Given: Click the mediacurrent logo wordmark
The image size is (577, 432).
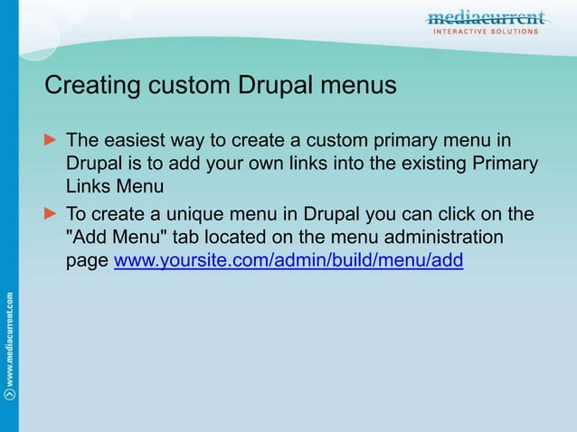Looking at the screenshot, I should pos(486,17).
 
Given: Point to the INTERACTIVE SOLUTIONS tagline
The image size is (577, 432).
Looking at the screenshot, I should pos(487,32).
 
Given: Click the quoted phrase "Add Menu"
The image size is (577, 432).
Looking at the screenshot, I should pos(113,239).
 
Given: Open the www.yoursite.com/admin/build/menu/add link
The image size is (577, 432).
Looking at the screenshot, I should pos(288,262).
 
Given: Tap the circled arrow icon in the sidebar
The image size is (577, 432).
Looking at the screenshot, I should pos(9,394).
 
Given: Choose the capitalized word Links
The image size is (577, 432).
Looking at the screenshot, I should pos(88,188).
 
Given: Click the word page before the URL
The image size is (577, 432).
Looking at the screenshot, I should pos(88,263).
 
